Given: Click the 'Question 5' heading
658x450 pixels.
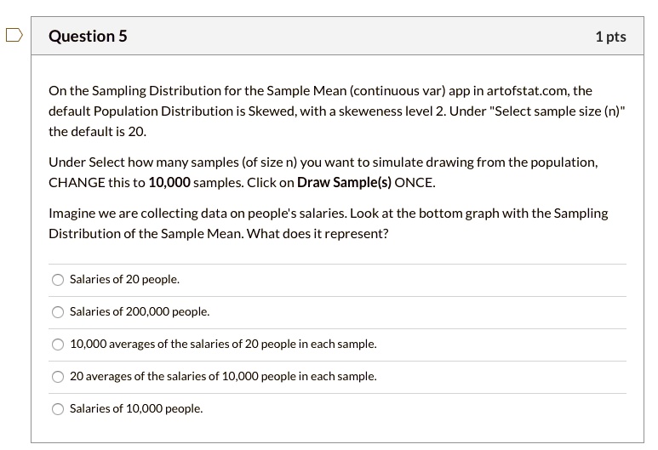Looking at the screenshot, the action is point(88,37).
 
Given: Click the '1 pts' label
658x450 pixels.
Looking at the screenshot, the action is point(610,37).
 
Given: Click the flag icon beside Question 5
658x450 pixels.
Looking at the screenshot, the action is point(13,36).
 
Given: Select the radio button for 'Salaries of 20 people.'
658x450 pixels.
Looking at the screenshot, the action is point(58,280).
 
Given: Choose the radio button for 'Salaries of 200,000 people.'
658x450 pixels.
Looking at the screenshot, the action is point(58,312).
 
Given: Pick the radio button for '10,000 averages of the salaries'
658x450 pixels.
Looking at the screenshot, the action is point(58,345).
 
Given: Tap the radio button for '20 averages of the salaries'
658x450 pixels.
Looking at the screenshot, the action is point(58,377).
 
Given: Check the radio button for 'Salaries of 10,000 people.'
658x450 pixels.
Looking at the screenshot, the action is point(58,409).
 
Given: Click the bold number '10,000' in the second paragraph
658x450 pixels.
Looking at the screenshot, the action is point(169,183).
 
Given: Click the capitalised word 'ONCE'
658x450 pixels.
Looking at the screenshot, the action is point(415,183).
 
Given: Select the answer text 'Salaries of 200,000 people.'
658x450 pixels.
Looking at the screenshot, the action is point(139,312).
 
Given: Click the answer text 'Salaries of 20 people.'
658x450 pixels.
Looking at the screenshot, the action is point(124,280).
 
